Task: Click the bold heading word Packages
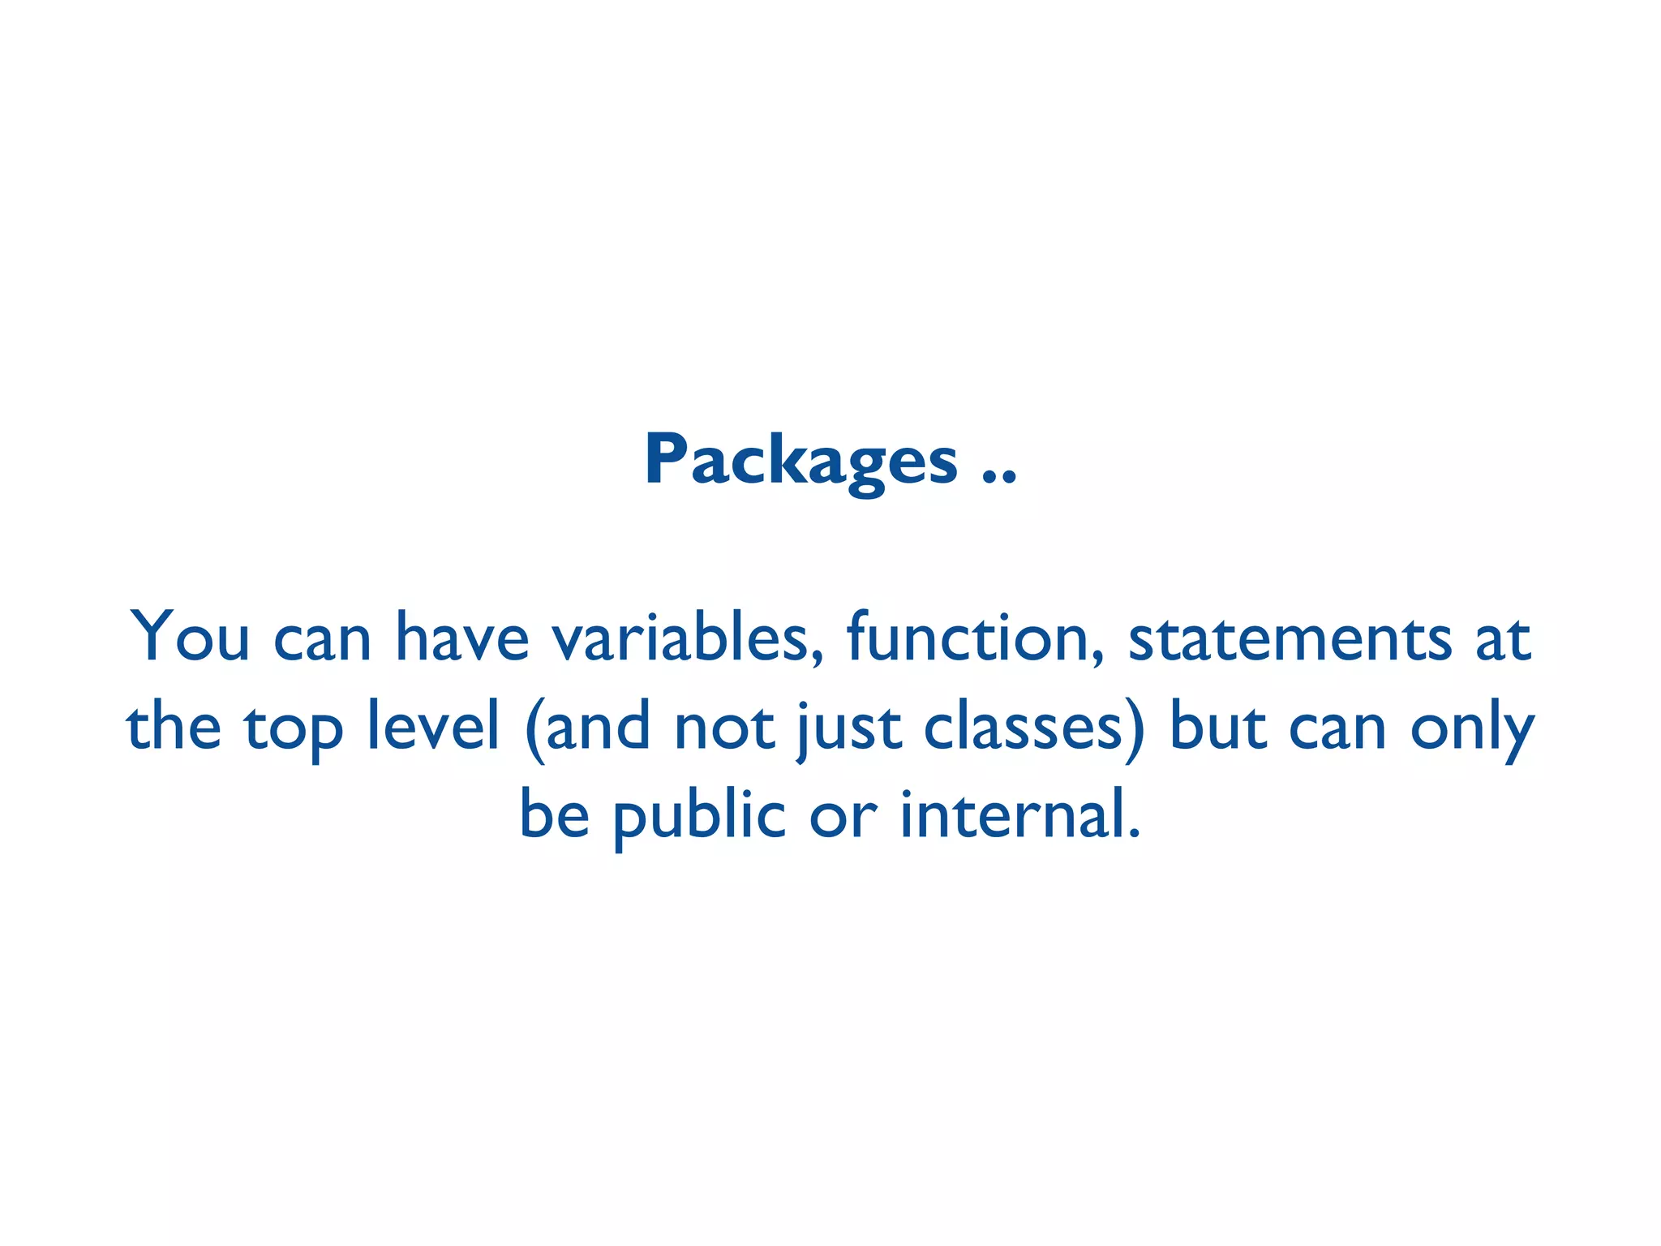800,461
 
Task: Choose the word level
432,725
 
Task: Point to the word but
1217,725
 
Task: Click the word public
699,814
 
